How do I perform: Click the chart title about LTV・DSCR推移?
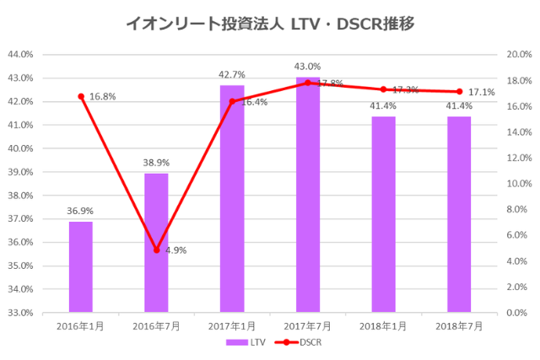click(x=269, y=24)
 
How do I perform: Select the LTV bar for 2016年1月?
click(x=81, y=266)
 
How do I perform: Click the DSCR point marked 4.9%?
click(x=156, y=250)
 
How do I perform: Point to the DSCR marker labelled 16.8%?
click(x=81, y=96)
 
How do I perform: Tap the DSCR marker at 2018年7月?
click(x=459, y=92)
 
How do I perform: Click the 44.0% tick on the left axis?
click(x=19, y=55)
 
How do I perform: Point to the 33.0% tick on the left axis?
click(x=19, y=313)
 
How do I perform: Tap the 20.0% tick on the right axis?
click(x=516, y=55)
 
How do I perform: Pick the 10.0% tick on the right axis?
click(x=516, y=184)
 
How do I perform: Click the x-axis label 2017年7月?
click(x=308, y=325)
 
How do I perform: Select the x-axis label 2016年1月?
click(x=81, y=325)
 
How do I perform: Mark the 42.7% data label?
click(x=232, y=75)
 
